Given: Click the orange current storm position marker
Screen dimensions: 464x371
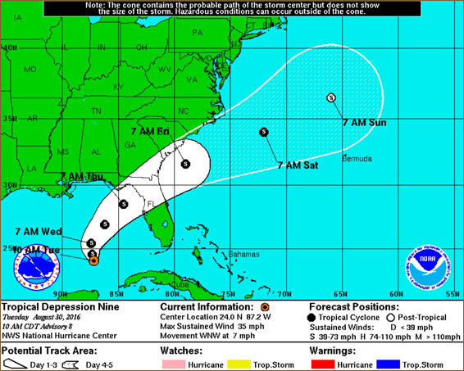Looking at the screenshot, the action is click(93, 259).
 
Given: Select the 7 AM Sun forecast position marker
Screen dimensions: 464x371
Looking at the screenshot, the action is click(331, 97).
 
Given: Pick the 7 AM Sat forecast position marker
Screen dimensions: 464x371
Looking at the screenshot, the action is click(263, 131).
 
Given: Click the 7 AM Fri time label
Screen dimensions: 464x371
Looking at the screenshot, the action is click(150, 131).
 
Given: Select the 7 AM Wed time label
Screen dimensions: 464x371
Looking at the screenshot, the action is click(35, 231).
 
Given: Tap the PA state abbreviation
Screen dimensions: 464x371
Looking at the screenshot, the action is click(197, 33).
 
